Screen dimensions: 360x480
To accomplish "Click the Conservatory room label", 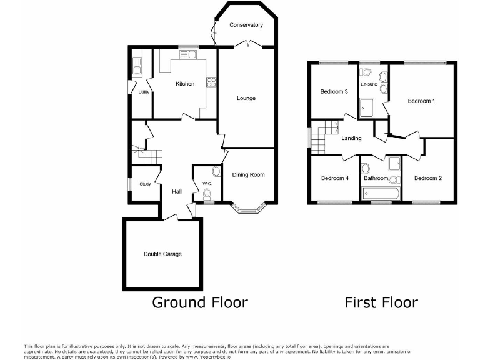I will pyautogui.click(x=246, y=25).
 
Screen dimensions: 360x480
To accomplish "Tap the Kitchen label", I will pyautogui.click(x=184, y=84).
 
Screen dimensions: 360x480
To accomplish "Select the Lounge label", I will pyautogui.click(x=246, y=98).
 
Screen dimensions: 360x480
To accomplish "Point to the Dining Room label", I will pyautogui.click(x=249, y=174).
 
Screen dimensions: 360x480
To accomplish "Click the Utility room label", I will pyautogui.click(x=144, y=92).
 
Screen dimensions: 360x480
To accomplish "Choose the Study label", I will pyautogui.click(x=145, y=184).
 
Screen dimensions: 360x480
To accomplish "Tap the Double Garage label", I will pyautogui.click(x=162, y=254).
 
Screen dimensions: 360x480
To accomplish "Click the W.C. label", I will pyautogui.click(x=207, y=183).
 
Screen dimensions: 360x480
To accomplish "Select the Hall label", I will pyautogui.click(x=177, y=191).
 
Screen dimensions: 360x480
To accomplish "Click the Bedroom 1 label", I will pyautogui.click(x=421, y=101).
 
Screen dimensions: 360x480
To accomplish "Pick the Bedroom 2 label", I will pyautogui.click(x=428, y=178).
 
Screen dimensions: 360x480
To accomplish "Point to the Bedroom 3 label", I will pyautogui.click(x=334, y=92).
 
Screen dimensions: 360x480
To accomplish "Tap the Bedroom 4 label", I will pyautogui.click(x=334, y=178).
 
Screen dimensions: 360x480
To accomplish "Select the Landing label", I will pyautogui.click(x=351, y=138).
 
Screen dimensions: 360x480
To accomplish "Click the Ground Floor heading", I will pyautogui.click(x=200, y=303).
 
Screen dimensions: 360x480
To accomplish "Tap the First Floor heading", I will pyautogui.click(x=381, y=303).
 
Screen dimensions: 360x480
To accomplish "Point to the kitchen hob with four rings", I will pyautogui.click(x=211, y=82).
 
